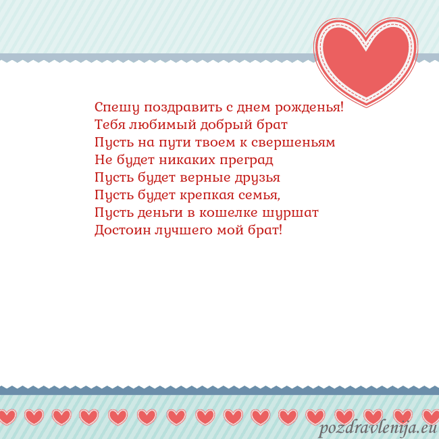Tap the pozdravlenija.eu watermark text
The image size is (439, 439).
point(378,429)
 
